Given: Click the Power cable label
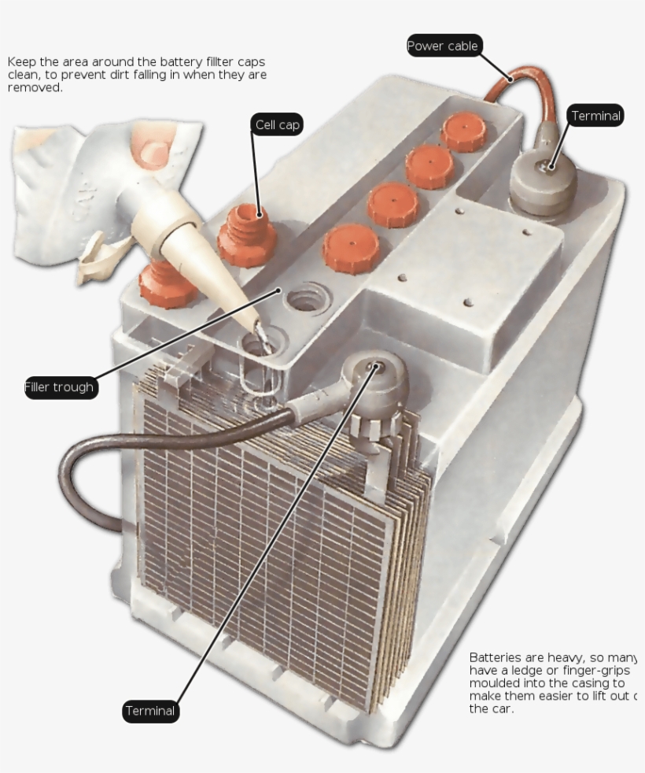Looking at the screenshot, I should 442,46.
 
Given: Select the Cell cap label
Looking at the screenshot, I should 278,125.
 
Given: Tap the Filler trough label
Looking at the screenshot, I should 59,387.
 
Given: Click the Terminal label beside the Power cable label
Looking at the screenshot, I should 595,116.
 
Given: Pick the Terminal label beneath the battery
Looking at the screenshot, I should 150,712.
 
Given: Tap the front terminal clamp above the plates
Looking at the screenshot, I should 376,378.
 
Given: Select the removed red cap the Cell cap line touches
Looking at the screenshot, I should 245,236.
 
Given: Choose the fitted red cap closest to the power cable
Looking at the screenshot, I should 463,131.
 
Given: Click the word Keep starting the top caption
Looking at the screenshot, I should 22,61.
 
